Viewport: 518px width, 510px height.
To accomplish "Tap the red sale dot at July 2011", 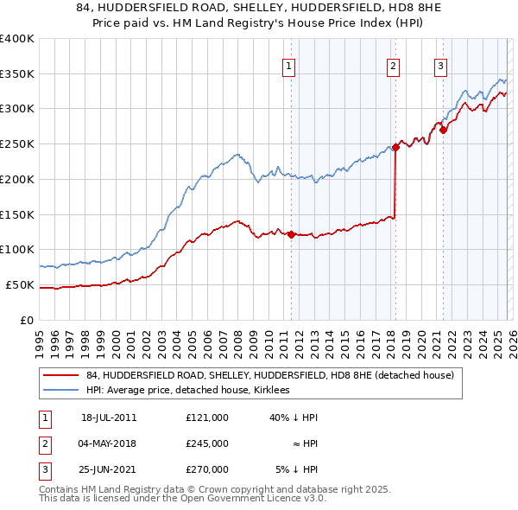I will point(291,234).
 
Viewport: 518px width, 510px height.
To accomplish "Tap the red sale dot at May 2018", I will point(395,147).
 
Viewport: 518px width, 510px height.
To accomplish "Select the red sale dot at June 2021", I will point(443,130).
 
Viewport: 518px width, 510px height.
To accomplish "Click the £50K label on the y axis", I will point(20,284).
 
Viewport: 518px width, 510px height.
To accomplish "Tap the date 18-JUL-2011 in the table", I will point(109,418).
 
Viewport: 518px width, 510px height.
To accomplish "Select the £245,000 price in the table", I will point(207,443).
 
